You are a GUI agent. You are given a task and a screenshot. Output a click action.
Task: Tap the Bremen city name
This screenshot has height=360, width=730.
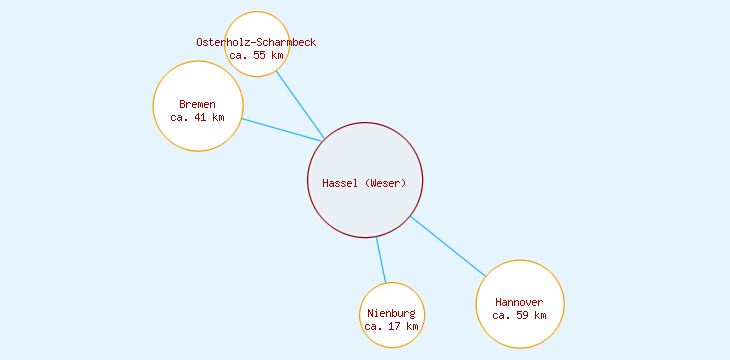click(x=197, y=104)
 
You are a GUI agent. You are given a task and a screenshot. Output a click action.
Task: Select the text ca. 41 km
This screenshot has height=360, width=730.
click(x=197, y=117)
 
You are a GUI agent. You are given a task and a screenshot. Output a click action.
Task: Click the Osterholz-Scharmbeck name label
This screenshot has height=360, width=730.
click(x=256, y=42)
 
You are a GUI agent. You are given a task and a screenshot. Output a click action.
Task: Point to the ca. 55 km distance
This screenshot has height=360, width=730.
click(x=256, y=55)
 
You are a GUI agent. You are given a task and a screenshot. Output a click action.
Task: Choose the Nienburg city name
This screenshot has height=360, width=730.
click(x=391, y=313)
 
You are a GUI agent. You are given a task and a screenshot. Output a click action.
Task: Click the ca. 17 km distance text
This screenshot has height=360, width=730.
click(x=391, y=326)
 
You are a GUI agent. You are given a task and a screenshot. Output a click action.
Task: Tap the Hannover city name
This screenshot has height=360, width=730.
click(x=519, y=302)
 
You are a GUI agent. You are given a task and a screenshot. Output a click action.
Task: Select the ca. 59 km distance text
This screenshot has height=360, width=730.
click(x=519, y=315)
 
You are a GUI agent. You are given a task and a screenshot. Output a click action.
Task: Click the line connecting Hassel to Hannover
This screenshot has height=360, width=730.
click(x=448, y=246)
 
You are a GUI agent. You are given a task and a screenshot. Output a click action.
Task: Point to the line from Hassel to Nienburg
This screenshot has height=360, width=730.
click(x=381, y=260)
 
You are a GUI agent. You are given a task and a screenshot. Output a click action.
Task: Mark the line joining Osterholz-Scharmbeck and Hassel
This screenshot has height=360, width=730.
click(x=299, y=104)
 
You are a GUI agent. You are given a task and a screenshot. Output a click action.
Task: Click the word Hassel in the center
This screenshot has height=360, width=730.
click(x=340, y=182)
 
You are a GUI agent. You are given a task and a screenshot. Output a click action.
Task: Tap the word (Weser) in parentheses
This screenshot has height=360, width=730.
click(x=386, y=182)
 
